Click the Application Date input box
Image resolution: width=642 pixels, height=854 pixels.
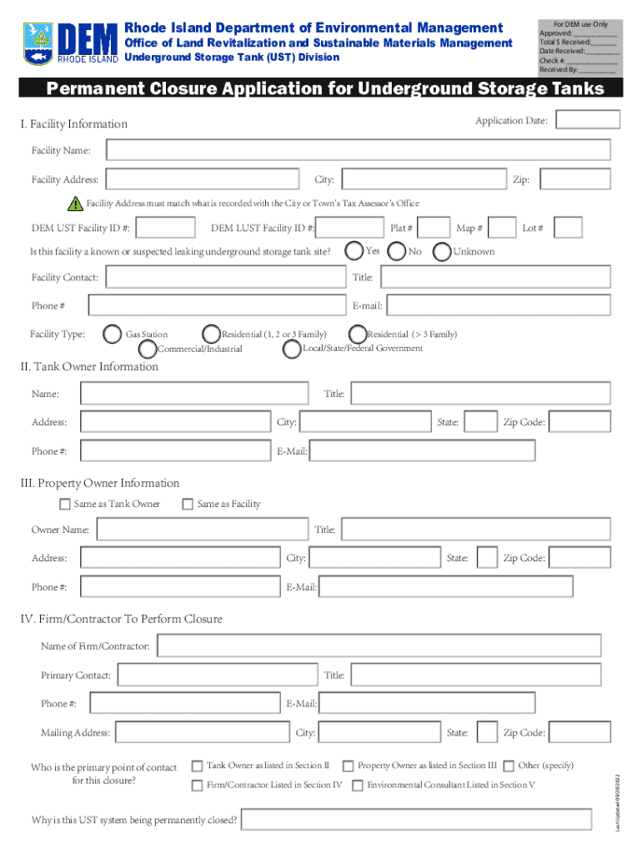point(588,120)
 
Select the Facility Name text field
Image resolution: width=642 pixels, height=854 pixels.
point(358,150)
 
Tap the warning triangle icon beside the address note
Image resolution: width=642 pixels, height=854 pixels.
point(76,203)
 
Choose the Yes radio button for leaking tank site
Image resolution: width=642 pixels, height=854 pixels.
point(354,250)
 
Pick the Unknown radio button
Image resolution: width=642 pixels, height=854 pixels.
point(441,251)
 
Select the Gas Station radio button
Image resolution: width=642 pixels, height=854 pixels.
point(112,334)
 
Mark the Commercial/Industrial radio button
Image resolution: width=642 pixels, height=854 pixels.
point(148,349)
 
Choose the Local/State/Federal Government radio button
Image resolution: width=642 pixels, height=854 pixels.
point(292,349)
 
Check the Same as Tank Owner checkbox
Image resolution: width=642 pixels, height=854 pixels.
point(65,504)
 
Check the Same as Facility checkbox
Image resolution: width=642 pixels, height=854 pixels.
point(188,504)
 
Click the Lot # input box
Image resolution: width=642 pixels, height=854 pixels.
point(568,228)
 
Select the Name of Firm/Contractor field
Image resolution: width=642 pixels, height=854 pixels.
point(379,646)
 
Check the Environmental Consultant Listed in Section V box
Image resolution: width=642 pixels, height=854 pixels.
point(358,785)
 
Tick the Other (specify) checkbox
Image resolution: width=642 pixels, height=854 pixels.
point(509,766)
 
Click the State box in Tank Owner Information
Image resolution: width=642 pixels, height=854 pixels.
point(480,422)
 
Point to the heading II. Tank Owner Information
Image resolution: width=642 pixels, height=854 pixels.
point(89,367)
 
